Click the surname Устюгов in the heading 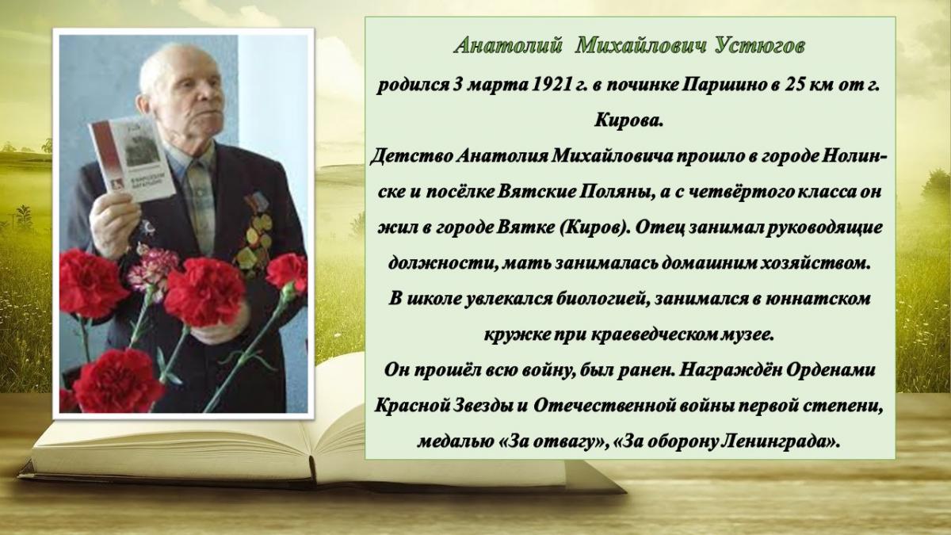pyautogui.click(x=759, y=46)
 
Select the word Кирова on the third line pyautogui.click(x=628, y=120)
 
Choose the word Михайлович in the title pyautogui.click(x=641, y=46)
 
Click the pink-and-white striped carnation pyautogui.click(x=153, y=271)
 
